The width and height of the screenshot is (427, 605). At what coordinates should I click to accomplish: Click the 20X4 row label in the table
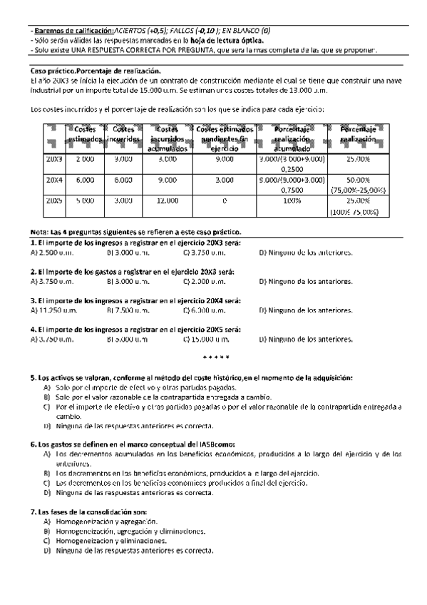(x=54, y=181)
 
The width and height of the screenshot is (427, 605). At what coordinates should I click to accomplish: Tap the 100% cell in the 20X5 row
(x=292, y=201)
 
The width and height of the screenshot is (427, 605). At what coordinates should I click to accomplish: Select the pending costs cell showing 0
(x=224, y=201)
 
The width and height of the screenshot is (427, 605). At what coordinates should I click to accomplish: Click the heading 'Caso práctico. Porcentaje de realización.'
(x=96, y=71)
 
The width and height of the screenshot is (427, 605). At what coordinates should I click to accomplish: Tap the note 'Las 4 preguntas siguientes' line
(x=135, y=232)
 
